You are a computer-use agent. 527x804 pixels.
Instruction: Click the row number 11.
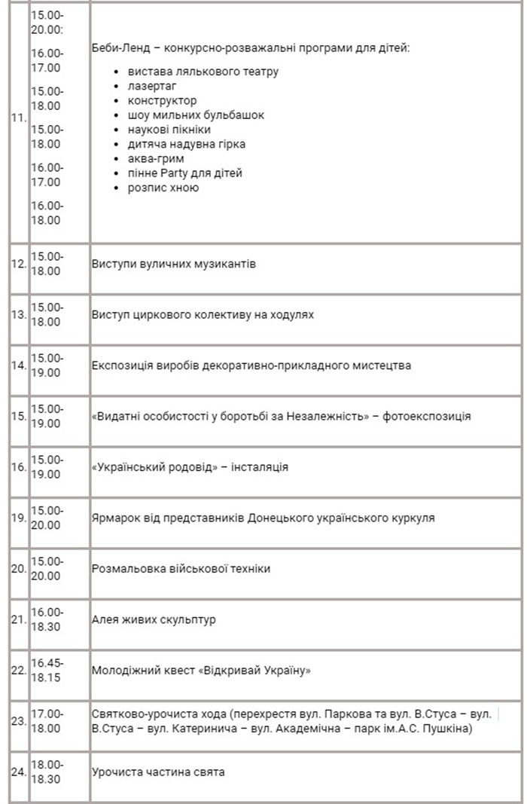(20, 118)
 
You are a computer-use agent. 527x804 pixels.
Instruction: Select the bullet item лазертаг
(152, 86)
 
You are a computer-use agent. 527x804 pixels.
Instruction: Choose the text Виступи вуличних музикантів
(174, 264)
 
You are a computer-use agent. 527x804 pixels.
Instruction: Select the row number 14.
(20, 365)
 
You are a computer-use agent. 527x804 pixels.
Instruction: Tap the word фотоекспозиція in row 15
(426, 416)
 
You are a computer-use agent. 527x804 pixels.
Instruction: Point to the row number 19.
(20, 518)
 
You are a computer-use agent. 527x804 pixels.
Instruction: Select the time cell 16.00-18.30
(47, 619)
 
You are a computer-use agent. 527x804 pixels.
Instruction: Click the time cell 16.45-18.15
(47, 670)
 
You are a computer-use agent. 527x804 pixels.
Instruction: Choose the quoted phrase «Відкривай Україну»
(257, 671)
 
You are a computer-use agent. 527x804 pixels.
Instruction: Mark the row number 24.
(20, 772)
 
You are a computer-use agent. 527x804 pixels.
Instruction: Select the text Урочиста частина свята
(158, 772)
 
